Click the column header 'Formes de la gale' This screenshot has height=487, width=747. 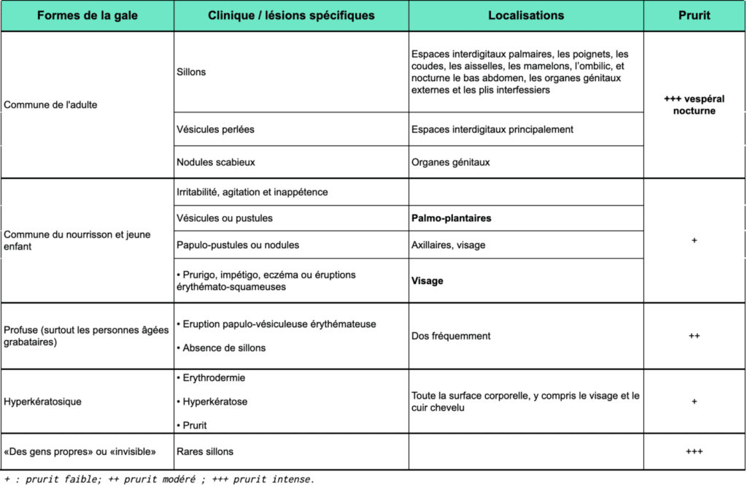[x=87, y=16]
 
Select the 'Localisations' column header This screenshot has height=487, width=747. [x=525, y=16]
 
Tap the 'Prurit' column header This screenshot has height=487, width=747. [x=694, y=16]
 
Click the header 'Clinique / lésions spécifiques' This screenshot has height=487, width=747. [x=291, y=16]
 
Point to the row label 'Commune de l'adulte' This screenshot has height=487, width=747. [x=51, y=104]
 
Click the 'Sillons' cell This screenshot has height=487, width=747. [x=191, y=72]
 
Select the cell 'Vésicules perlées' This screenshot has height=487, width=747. [x=215, y=129]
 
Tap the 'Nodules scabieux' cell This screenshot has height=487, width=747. [x=216, y=162]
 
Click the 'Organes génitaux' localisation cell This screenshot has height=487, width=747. [x=450, y=162]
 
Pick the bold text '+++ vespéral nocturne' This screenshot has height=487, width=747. [x=694, y=105]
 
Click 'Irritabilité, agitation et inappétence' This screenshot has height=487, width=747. [x=252, y=192]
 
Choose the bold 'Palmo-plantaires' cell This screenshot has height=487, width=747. [x=451, y=218]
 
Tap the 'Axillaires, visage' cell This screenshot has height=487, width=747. [x=448, y=245]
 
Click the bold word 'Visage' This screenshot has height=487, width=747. [x=427, y=280]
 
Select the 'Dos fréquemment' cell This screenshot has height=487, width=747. [x=451, y=336]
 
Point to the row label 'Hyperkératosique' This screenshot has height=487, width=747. [x=43, y=402]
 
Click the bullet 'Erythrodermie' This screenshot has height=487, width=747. [x=214, y=378]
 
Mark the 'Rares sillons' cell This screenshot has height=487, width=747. [x=205, y=452]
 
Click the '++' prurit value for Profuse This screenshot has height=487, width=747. [x=694, y=336]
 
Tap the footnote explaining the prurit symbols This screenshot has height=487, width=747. [x=159, y=479]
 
